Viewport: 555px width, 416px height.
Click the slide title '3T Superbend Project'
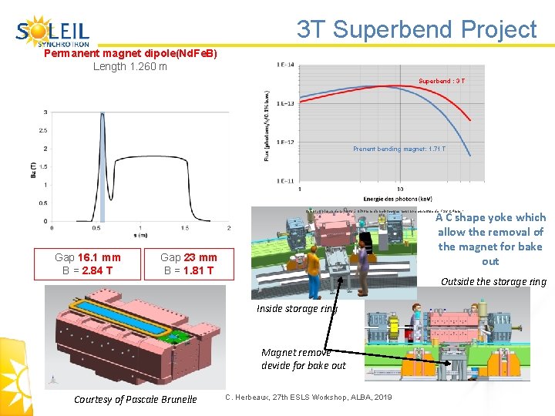(416, 29)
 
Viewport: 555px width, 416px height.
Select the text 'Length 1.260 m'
(130, 66)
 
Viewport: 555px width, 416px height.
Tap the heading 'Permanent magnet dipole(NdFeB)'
(130, 54)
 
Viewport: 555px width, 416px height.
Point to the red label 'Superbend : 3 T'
(441, 81)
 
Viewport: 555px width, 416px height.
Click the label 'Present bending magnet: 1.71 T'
(399, 149)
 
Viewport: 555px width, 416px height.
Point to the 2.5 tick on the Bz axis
(43, 130)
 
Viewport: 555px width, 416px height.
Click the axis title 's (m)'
(139, 236)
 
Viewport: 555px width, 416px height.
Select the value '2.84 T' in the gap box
(97, 270)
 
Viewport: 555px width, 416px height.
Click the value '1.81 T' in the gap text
(198, 270)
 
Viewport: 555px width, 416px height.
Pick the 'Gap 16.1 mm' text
(88, 257)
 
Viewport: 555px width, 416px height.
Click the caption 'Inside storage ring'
(298, 309)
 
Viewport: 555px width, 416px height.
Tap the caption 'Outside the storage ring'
(493, 281)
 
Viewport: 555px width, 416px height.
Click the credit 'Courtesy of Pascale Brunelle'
(136, 399)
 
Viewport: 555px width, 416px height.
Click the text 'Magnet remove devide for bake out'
(304, 358)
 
